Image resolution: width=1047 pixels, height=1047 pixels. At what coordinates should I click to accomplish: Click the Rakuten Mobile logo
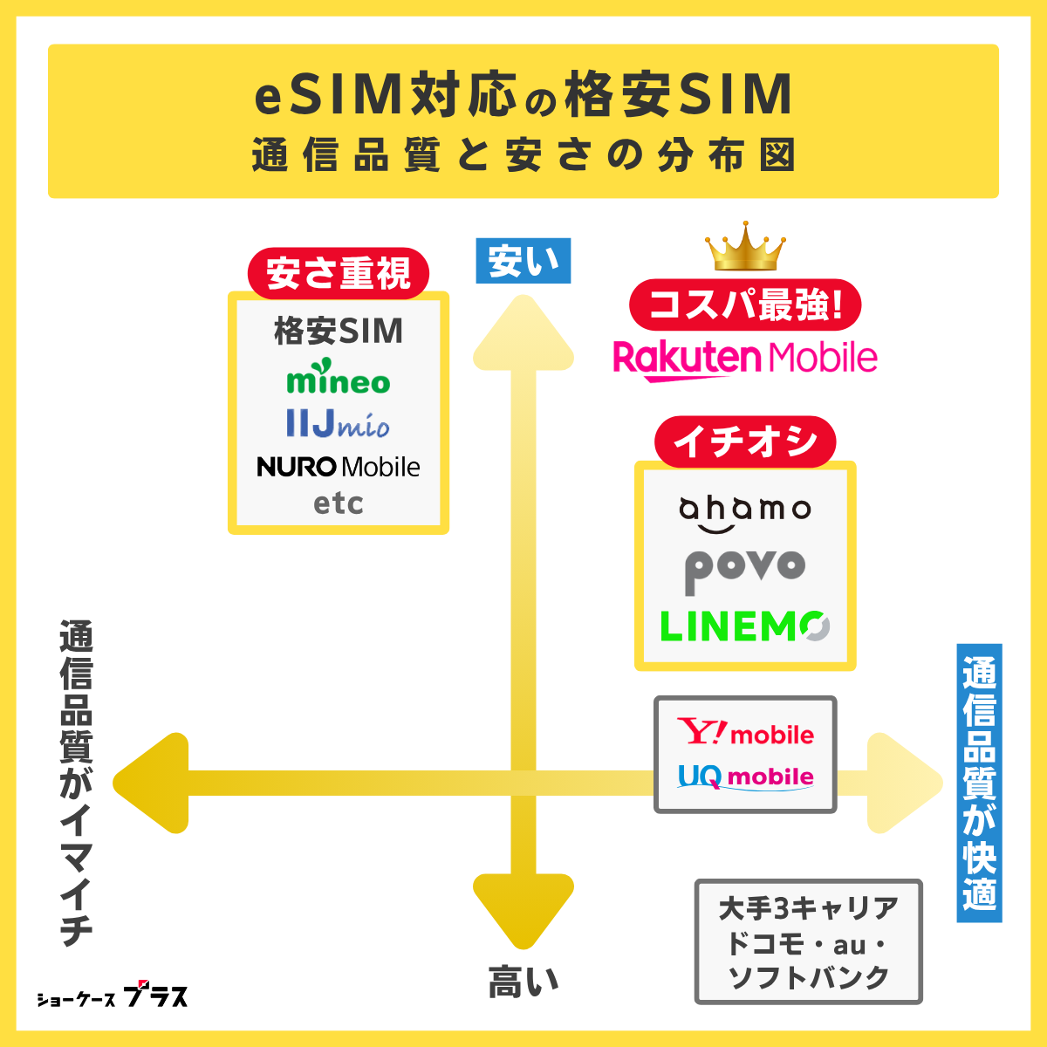745,359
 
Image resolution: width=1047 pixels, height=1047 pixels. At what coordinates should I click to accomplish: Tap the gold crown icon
745,247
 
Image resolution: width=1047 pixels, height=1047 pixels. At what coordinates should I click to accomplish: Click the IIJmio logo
338,424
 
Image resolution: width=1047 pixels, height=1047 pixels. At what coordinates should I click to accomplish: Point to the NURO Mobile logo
339,467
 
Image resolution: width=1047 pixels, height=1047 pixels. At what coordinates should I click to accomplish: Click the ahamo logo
745,513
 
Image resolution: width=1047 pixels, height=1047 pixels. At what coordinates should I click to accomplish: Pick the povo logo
745,570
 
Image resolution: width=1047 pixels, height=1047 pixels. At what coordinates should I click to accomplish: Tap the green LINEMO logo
745,626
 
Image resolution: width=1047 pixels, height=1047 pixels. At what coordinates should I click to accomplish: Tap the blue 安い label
523,261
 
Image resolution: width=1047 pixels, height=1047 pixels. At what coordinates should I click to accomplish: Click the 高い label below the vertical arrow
523,982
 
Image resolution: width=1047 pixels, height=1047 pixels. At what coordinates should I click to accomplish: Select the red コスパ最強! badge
745,305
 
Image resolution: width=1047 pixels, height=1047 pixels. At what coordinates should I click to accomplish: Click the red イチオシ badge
745,441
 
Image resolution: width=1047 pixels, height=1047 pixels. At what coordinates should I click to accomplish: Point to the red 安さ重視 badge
339,274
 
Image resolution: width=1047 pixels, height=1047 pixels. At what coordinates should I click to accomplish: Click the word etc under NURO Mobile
339,503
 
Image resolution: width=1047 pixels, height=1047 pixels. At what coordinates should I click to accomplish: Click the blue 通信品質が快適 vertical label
979,783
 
